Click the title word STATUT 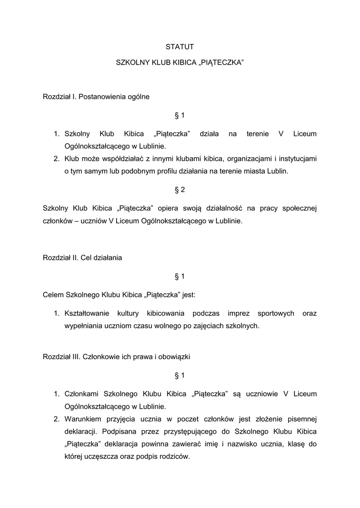pyautogui.click(x=180, y=47)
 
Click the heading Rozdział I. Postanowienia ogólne pyautogui.click(x=96, y=97)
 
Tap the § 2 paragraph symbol pyautogui.click(x=180, y=190)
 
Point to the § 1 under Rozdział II pyautogui.click(x=180, y=276)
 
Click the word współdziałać pyautogui.click(x=127, y=159)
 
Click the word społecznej pyautogui.click(x=296, y=208)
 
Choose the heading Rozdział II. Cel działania pyautogui.click(x=82, y=258)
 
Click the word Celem pyautogui.click(x=53, y=295)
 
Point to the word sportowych pyautogui.click(x=276, y=314)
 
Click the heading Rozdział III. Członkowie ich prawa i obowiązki pyautogui.click(x=117, y=356)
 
